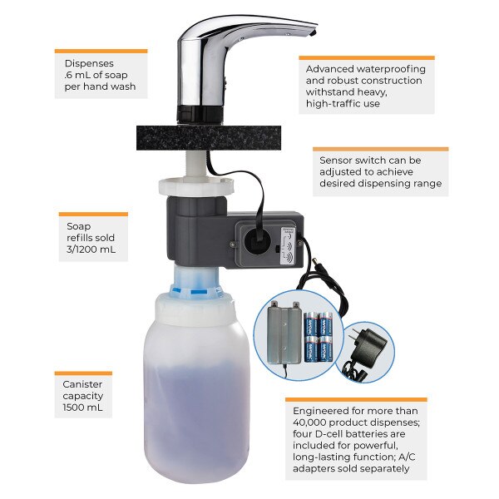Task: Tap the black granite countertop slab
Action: (x=209, y=137)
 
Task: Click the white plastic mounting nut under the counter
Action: (x=196, y=188)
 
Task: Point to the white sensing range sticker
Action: (x=288, y=245)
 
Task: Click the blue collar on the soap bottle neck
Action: (x=195, y=289)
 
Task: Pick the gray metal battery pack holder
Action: (x=284, y=333)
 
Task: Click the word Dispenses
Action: (x=89, y=63)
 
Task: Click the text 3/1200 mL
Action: (x=91, y=249)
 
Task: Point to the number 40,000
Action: (x=309, y=422)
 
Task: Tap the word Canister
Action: (x=82, y=384)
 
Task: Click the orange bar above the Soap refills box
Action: (x=93, y=215)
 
